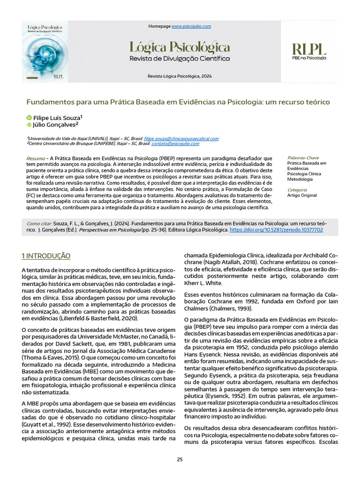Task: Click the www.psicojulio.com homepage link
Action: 191,26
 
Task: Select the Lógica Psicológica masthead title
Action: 180,47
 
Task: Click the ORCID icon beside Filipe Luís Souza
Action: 29,118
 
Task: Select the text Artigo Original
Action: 302,195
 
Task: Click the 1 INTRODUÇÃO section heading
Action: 46,256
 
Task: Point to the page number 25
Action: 180,459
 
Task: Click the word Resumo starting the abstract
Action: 36,158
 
